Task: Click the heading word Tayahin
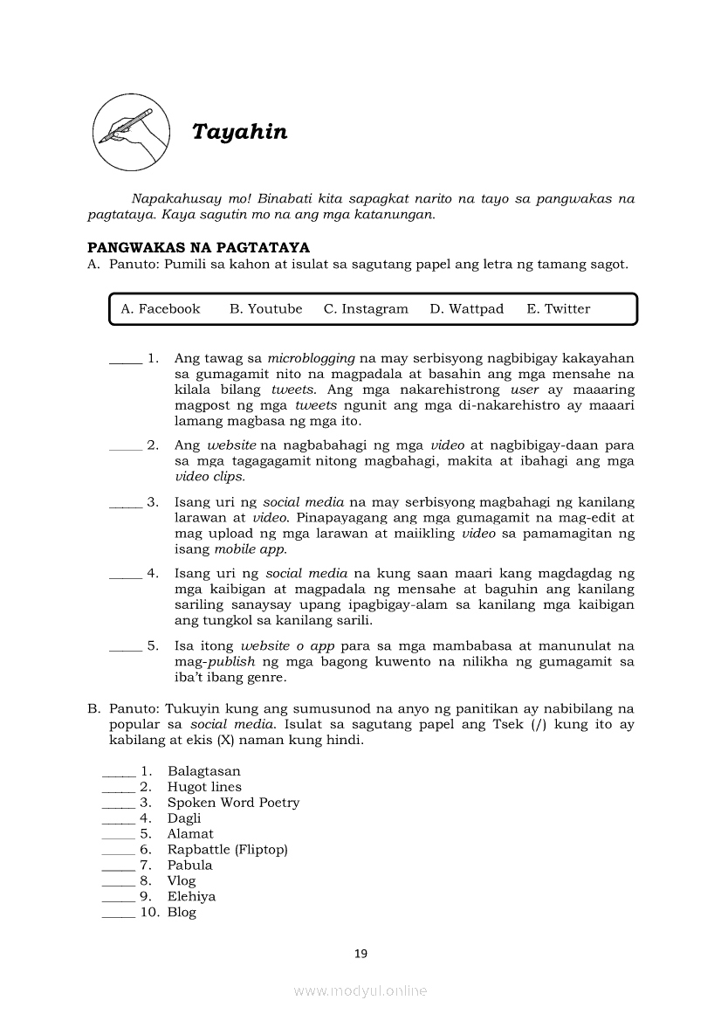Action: (239, 132)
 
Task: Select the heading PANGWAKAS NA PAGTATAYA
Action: (199, 249)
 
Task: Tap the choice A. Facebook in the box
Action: (161, 309)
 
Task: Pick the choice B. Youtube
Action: (266, 309)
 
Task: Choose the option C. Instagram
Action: (366, 309)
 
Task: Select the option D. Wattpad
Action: (466, 309)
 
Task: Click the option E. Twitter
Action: (559, 309)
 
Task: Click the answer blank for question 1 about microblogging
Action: (125, 359)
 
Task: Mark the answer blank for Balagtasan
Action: (118, 772)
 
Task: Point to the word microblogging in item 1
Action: (311, 358)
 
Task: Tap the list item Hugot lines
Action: (204, 787)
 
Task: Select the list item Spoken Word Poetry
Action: (233, 803)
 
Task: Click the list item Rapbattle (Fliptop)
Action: (227, 850)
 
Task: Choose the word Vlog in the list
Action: (182, 881)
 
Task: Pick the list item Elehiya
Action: (191, 897)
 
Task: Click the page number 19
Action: (360, 954)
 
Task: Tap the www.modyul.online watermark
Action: (360, 990)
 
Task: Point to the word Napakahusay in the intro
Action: (171, 199)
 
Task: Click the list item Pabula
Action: (189, 866)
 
